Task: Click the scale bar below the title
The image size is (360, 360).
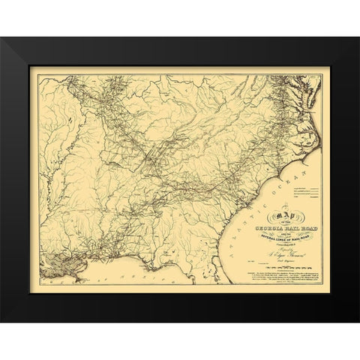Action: (259, 269)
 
